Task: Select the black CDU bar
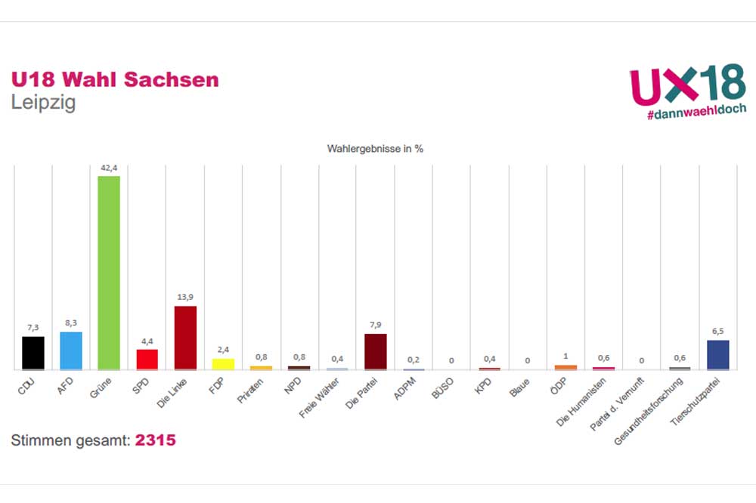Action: [x=33, y=353]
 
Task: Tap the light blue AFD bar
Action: [x=71, y=350]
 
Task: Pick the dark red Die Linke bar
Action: [x=185, y=338]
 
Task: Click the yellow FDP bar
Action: [x=223, y=363]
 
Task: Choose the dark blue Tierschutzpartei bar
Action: [x=717, y=355]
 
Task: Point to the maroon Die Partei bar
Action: [x=376, y=351]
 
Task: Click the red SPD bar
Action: [x=147, y=359]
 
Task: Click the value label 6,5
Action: [x=717, y=331]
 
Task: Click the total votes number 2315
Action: [x=155, y=440]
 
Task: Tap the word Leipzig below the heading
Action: [x=43, y=103]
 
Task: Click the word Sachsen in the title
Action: [x=178, y=79]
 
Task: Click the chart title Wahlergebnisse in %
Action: [x=375, y=149]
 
